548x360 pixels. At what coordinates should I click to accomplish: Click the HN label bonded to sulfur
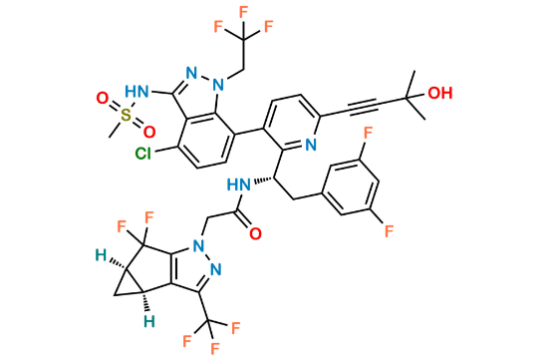coord(138,91)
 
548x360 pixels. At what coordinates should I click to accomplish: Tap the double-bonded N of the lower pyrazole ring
coord(216,269)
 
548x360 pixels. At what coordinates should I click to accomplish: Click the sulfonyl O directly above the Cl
coord(149,132)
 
